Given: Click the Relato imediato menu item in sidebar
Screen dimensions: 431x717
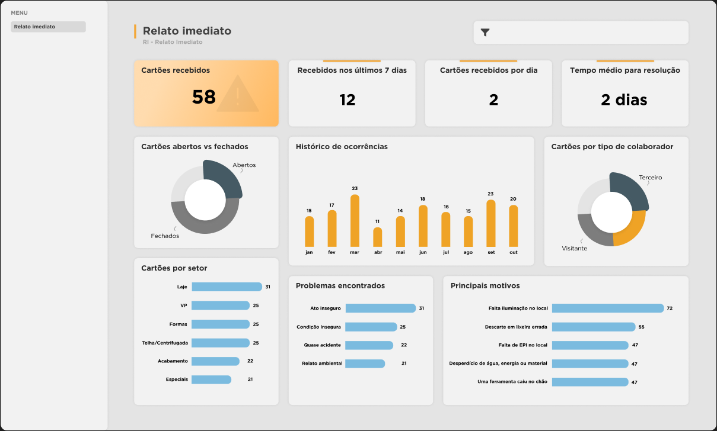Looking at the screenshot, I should [48, 27].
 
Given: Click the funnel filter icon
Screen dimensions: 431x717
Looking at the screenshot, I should [485, 33].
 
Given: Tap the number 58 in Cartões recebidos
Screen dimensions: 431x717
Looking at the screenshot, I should [203, 97].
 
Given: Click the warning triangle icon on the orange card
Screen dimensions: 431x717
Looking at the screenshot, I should [238, 95].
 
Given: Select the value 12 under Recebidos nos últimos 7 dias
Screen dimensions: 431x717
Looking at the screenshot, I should [347, 100].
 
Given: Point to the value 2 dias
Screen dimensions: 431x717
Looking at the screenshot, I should [624, 100].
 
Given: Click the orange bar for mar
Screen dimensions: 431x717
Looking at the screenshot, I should [355, 221].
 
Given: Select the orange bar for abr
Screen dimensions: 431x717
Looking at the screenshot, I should [377, 237].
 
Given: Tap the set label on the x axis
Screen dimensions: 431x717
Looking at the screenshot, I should [490, 252].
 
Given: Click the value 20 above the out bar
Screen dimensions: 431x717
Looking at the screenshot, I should [513, 199].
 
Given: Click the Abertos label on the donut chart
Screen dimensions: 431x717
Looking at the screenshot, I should [244, 165].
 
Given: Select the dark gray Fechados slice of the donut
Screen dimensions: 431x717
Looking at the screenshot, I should [205, 223].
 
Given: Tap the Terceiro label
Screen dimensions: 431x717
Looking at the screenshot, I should [650, 178].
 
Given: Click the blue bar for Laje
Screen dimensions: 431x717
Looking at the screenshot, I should [227, 287].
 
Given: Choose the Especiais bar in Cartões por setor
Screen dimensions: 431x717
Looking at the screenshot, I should [211, 379].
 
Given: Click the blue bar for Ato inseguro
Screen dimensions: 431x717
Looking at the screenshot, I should [380, 308].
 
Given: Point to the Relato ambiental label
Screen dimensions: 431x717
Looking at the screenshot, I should [322, 364].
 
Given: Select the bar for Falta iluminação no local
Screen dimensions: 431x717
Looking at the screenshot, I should [608, 308].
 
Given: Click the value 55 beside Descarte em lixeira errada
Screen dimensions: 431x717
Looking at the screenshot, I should [641, 327].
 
